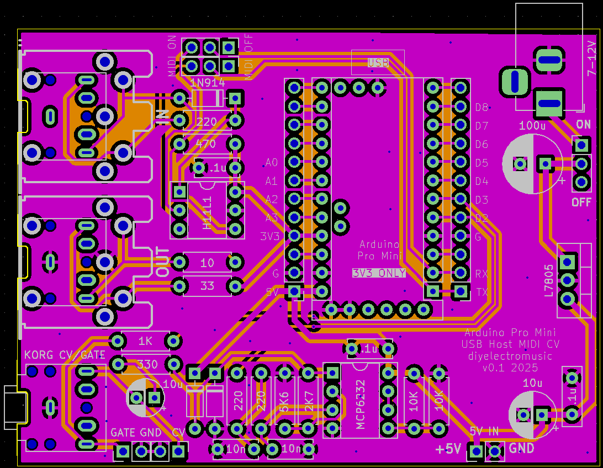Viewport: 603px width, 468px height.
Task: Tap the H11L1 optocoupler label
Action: (208, 212)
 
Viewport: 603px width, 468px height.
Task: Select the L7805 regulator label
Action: (548, 281)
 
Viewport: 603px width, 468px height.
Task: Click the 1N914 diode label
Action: (207, 83)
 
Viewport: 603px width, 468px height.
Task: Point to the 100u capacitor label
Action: (532, 126)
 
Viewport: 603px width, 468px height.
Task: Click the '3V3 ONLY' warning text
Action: (379, 273)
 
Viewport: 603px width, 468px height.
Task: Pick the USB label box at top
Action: (378, 62)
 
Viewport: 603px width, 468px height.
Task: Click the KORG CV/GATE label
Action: (65, 355)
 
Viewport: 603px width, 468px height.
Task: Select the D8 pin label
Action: (482, 107)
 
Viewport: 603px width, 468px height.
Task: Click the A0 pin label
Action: (272, 162)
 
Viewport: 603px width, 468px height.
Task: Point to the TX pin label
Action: (482, 292)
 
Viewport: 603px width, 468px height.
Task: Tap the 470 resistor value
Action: (207, 144)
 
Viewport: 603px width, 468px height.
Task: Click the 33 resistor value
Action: (207, 286)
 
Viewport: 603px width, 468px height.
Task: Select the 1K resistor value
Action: (145, 341)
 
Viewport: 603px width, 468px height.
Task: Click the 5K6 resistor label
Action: (284, 400)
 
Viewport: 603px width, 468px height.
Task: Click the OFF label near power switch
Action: (581, 202)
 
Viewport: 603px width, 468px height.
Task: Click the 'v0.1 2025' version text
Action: (510, 368)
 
